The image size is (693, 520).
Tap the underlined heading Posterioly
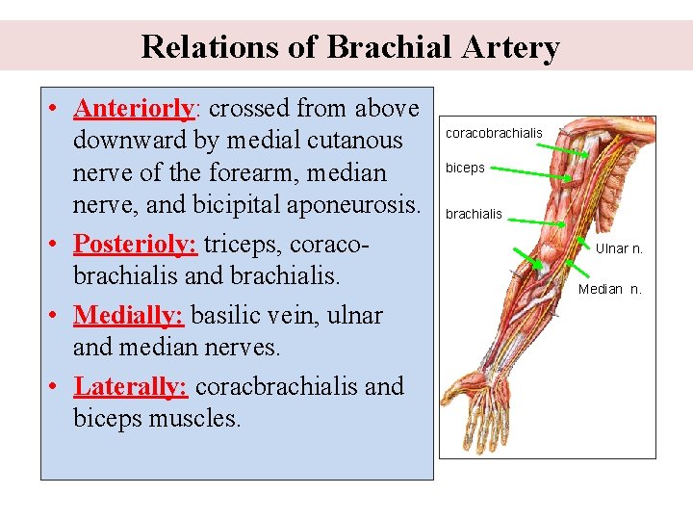(136, 244)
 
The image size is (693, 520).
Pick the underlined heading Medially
(130, 315)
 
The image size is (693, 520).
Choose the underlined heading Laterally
(131, 386)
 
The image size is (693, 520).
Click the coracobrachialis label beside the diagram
(494, 133)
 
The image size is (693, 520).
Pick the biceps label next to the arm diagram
(465, 168)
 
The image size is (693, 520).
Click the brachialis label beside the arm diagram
(474, 214)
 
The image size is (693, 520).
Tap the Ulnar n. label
(619, 248)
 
